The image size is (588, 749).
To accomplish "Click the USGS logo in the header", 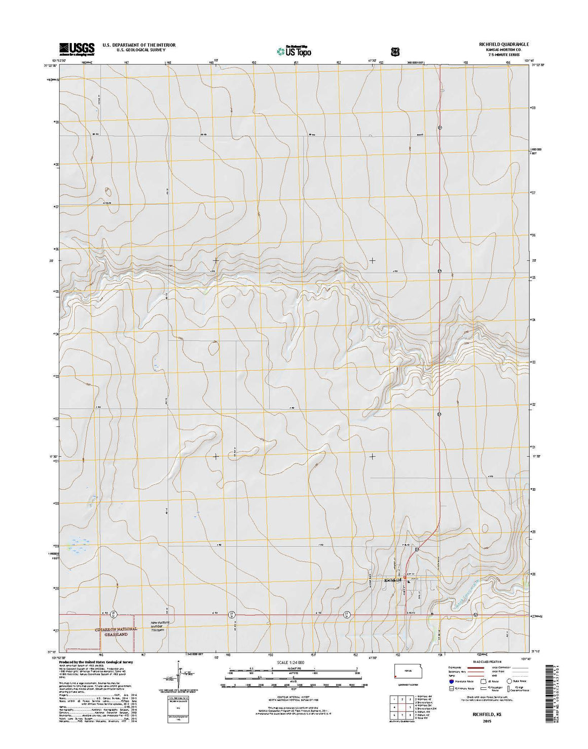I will click(x=77, y=49).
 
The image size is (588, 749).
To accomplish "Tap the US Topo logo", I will click(x=294, y=50).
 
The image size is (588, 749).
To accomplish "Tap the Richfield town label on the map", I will click(x=393, y=579).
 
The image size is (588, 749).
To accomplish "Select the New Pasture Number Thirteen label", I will click(x=159, y=626).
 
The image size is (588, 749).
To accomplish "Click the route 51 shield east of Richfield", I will click(x=475, y=615).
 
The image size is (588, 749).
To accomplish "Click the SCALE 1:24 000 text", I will click(x=290, y=662).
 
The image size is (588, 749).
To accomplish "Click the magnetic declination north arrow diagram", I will click(x=178, y=674).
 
